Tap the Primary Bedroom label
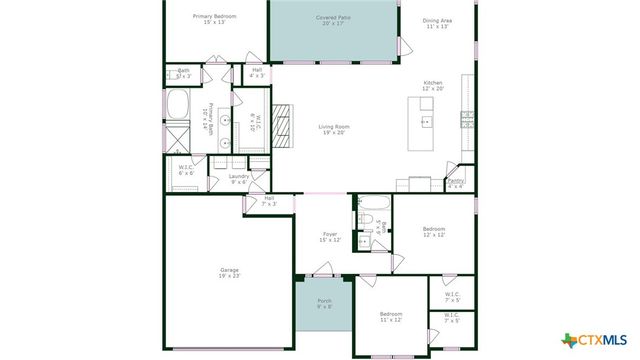(215, 20)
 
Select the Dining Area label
(437, 23)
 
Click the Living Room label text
(333, 129)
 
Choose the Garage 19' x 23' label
(229, 273)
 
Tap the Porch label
(324, 304)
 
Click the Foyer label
(329, 237)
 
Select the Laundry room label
(238, 179)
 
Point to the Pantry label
(455, 183)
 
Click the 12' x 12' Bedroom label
(433, 232)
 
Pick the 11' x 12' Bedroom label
(390, 316)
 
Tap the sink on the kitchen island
(426, 122)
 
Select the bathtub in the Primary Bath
(180, 103)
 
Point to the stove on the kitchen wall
(467, 119)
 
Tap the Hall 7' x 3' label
(269, 201)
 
